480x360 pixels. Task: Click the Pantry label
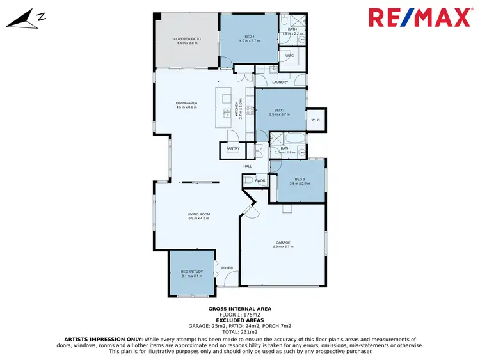point(232,149)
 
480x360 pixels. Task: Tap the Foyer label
point(227,267)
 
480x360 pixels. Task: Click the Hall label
point(247,166)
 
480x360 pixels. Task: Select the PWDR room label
point(260,180)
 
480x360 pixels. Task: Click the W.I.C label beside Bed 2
point(316,120)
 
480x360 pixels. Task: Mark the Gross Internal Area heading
point(240,308)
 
